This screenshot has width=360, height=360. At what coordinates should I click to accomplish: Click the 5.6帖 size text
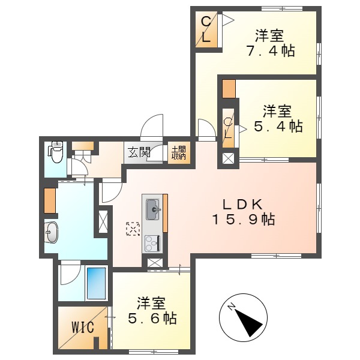pos(152,319)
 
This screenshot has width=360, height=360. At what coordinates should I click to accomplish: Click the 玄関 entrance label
pos(137,152)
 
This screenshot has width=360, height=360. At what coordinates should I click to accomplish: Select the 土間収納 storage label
pos(178,152)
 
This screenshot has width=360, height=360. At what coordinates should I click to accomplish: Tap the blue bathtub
pos(96,283)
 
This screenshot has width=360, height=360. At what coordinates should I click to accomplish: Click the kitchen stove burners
pos(151,243)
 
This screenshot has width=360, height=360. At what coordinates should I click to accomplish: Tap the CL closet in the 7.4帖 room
pos(206,30)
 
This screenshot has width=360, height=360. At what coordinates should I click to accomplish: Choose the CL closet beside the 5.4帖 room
pos(229,128)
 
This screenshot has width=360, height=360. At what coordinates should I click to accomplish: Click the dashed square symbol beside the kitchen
pos(132,229)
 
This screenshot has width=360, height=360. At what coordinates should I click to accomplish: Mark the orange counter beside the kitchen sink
pos(165,214)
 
